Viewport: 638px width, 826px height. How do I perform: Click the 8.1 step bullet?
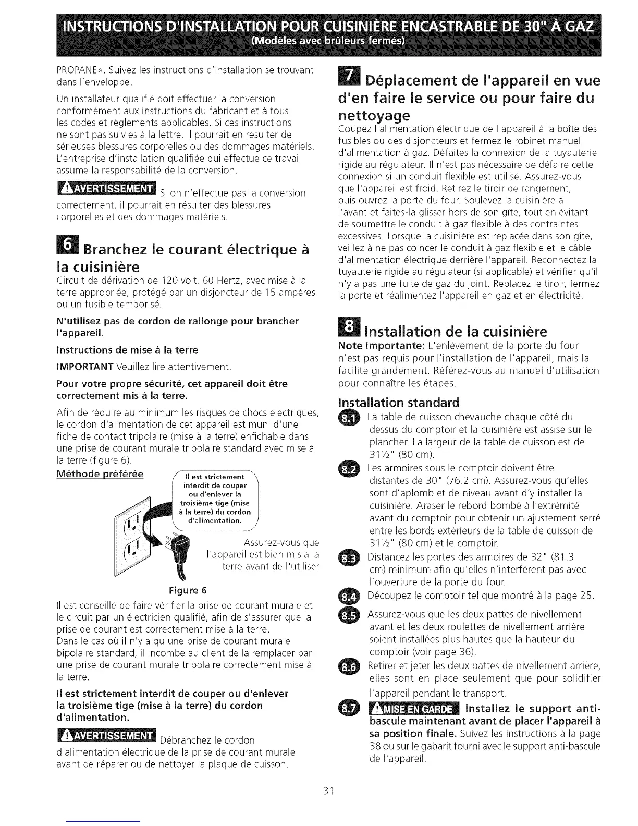click(349, 418)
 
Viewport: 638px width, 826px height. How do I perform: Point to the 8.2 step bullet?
click(349, 469)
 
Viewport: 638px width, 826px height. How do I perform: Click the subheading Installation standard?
click(399, 403)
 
